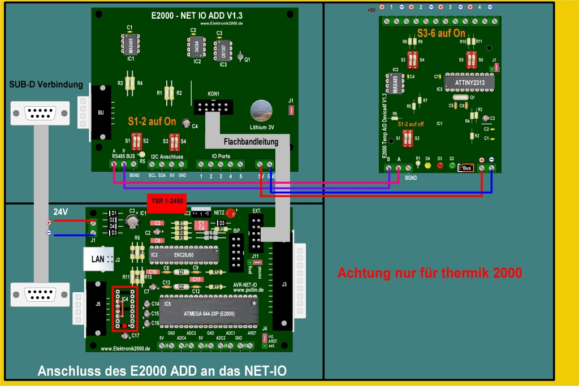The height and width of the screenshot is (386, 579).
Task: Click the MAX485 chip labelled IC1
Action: pos(131,44)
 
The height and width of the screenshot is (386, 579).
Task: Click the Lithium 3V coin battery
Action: pos(262,111)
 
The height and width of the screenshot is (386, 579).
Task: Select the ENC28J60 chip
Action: pos(184,255)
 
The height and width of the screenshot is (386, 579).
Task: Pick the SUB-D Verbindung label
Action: pos(46,85)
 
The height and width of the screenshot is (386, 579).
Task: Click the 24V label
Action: pos(61,211)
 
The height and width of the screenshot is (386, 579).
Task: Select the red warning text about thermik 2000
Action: pos(429,273)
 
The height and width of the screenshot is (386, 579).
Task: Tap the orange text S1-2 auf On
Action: pos(152,122)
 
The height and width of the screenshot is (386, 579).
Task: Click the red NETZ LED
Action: pos(230,214)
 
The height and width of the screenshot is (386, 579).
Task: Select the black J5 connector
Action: pos(98,309)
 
